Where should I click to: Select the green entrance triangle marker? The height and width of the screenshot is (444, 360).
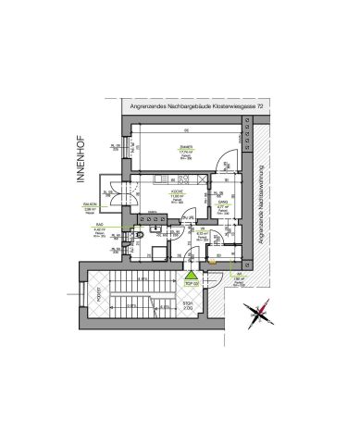point(191,274)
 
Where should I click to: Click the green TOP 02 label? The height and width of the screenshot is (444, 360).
point(192,284)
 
